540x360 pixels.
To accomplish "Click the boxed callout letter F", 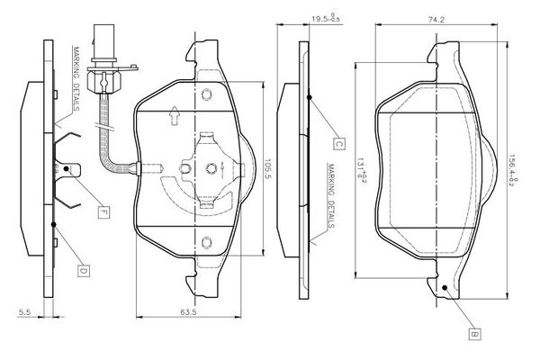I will click(x=103, y=212).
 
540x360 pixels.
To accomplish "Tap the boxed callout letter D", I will click(x=82, y=269).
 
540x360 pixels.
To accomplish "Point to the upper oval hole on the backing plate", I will click(x=206, y=94).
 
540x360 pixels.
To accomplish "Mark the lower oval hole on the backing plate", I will click(x=206, y=240).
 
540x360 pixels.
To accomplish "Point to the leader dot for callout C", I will click(x=309, y=98).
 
